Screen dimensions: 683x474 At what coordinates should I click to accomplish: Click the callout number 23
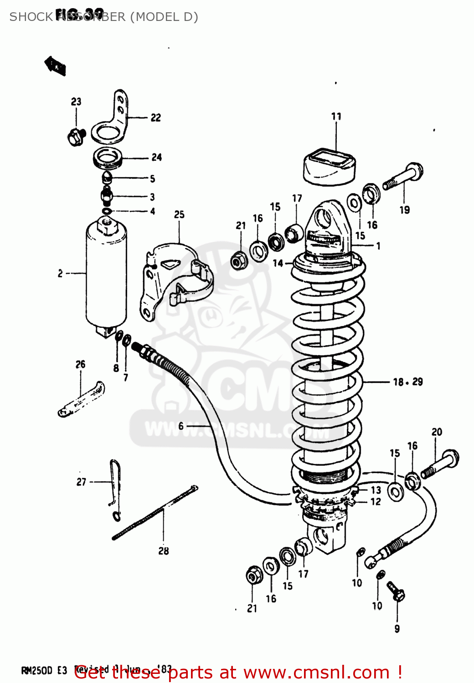[x=76, y=102]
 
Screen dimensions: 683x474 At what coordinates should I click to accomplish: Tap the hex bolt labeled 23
[x=76, y=137]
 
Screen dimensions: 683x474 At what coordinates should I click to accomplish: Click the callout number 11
[x=336, y=117]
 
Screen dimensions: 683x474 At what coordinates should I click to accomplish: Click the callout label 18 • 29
[x=408, y=382]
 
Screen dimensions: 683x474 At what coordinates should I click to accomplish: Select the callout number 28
[x=164, y=551]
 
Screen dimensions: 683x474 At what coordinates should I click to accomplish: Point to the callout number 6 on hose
[x=181, y=426]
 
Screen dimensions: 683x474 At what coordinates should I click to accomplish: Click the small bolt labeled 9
[x=396, y=590]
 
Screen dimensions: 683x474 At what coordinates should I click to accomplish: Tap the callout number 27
[x=81, y=482]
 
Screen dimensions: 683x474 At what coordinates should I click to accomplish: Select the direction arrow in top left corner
[x=55, y=66]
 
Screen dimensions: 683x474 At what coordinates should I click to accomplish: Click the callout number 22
[x=156, y=118]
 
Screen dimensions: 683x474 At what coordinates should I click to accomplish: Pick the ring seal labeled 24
[x=108, y=158]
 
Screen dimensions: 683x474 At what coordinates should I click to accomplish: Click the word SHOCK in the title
[x=31, y=17]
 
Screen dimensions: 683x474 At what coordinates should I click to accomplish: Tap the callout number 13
[x=376, y=490]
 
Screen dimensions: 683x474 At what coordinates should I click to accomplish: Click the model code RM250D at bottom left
[x=37, y=671]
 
